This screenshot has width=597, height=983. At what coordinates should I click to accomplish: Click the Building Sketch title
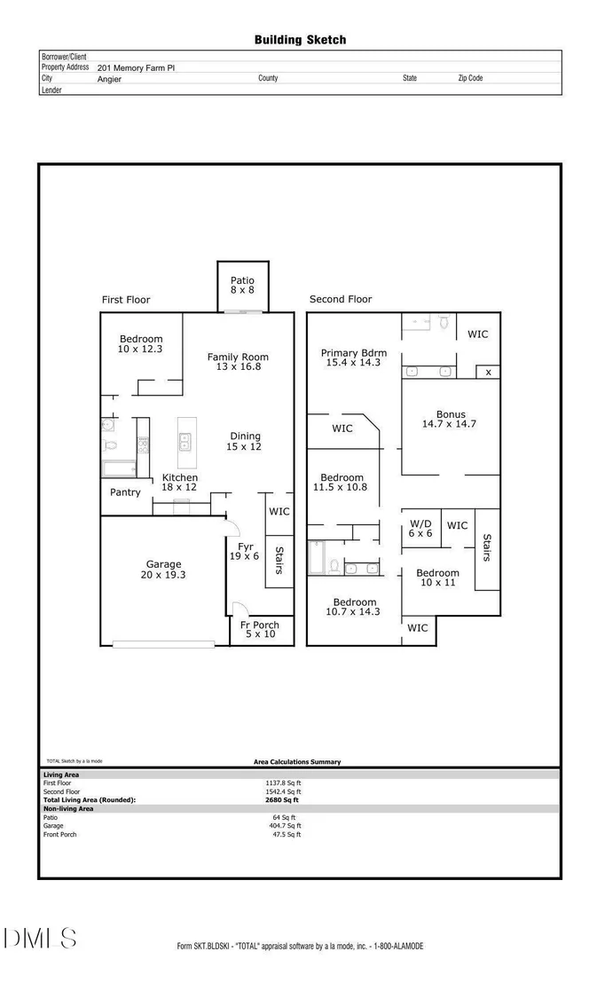300,40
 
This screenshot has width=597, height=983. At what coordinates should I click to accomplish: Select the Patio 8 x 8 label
243,286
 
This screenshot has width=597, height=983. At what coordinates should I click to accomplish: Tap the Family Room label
238,358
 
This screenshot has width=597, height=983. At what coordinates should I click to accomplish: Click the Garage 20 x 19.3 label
163,570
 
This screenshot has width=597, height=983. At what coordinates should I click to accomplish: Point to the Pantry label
125,492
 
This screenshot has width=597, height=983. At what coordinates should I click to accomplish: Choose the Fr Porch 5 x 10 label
260,629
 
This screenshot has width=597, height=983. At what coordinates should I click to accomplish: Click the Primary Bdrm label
354,353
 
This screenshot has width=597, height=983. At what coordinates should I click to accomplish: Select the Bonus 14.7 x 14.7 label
449,419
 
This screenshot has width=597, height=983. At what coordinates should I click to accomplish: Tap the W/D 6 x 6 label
420,529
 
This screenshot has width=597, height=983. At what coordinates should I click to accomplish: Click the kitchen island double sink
185,442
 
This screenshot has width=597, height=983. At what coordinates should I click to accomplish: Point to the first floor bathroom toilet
110,446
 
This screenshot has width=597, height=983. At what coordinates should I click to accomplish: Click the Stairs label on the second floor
487,547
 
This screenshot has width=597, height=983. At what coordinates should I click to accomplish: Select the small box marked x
489,373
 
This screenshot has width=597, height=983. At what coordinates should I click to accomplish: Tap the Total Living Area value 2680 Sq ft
282,800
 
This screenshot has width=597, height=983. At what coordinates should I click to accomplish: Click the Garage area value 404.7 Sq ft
286,826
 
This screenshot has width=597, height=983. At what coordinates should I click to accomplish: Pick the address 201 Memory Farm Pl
136,67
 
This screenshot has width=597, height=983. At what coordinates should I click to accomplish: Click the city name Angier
109,80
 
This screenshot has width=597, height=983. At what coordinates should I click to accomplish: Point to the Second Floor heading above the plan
341,300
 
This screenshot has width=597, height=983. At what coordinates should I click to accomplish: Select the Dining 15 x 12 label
245,441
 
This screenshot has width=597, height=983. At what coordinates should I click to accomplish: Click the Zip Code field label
470,78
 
